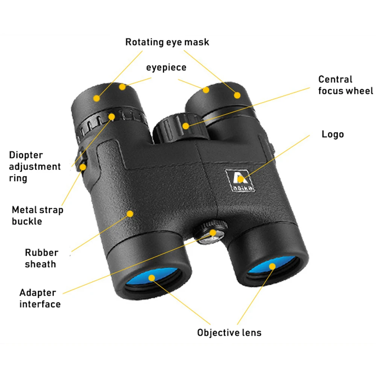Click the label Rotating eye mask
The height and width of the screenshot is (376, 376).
(x=167, y=42)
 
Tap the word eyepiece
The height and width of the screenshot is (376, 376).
(x=166, y=67)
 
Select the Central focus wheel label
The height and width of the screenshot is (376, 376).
(x=346, y=85)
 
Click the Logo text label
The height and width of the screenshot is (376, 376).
(x=333, y=134)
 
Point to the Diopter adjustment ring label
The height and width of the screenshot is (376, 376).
(x=35, y=167)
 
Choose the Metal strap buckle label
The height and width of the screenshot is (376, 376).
(x=37, y=215)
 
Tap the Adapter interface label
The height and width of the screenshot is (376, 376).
(x=40, y=298)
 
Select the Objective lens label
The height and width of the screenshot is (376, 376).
(x=229, y=333)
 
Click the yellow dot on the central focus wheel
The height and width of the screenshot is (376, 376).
(x=186, y=126)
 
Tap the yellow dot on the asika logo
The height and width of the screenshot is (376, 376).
(x=240, y=179)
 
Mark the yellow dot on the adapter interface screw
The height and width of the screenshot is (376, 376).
(x=213, y=233)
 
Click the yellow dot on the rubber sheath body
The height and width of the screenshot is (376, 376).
(x=130, y=214)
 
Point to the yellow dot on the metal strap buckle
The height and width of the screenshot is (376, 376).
(x=83, y=167)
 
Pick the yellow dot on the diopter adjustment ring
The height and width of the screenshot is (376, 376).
(x=112, y=117)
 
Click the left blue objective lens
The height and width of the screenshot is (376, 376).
(x=152, y=278)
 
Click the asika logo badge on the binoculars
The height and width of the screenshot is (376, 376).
(x=240, y=180)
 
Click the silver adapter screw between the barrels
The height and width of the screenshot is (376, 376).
(x=211, y=233)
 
